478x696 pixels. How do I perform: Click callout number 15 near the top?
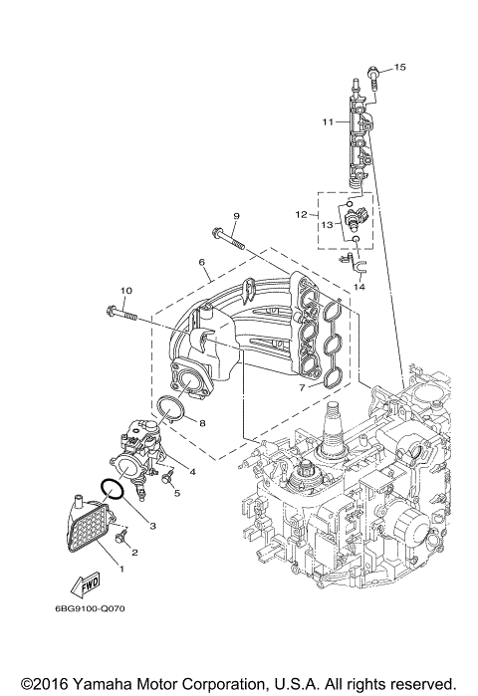point(400,67)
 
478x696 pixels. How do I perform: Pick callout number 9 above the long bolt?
point(237,216)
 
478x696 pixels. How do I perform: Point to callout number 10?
point(125,291)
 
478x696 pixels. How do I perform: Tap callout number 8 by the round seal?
point(203,423)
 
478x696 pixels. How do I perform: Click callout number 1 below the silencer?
point(122,569)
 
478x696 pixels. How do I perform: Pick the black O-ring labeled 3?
point(113,491)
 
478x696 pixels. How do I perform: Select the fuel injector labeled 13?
point(355,217)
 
